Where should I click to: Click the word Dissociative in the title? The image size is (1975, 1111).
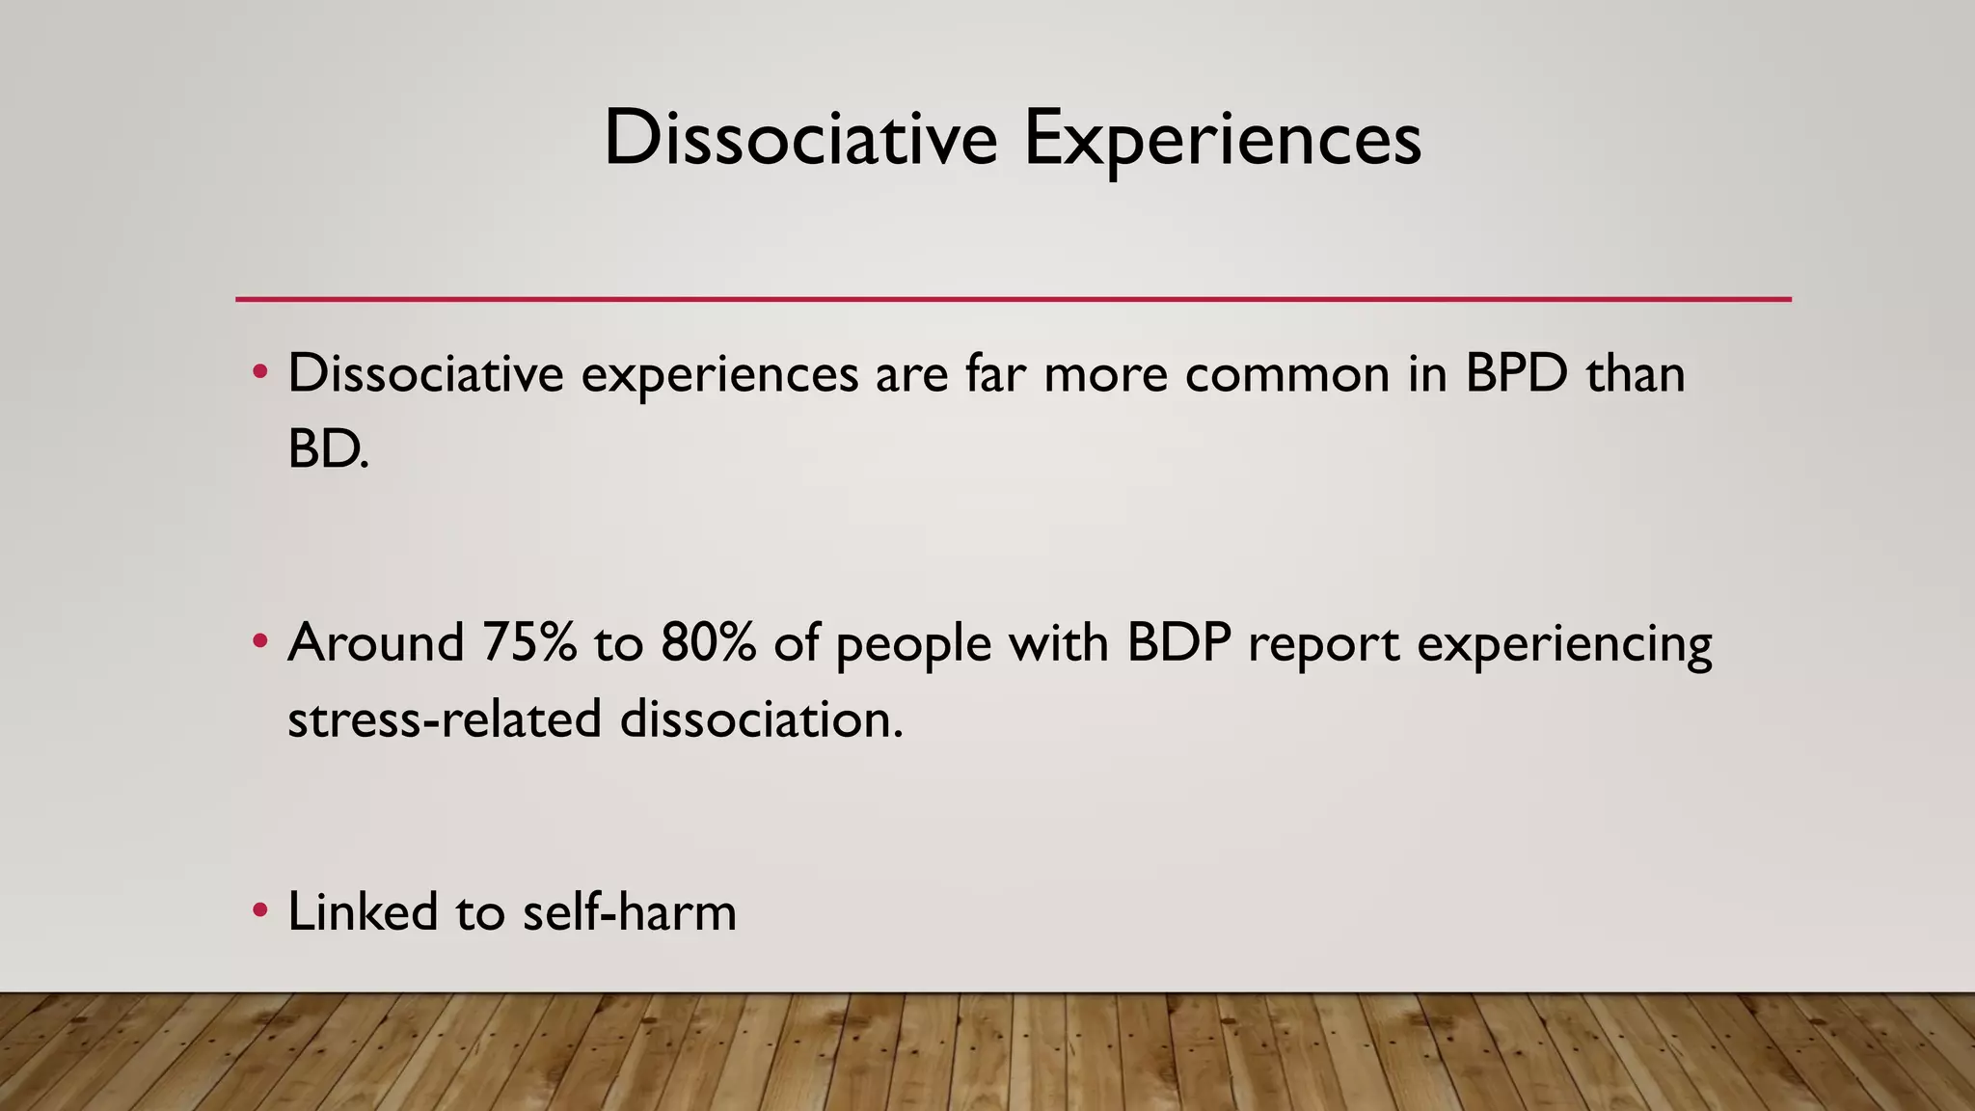(800, 139)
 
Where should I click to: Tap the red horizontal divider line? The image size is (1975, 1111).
(1013, 299)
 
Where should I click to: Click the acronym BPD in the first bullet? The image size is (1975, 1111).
(1516, 374)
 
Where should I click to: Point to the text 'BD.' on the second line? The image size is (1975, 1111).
(328, 449)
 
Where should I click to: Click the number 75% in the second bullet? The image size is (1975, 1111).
(528, 643)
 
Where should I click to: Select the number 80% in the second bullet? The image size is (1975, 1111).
(709, 643)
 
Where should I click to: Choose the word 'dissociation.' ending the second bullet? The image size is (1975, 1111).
(761, 719)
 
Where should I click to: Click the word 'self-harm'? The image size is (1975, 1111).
(629, 912)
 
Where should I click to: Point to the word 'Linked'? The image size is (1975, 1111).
(363, 912)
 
